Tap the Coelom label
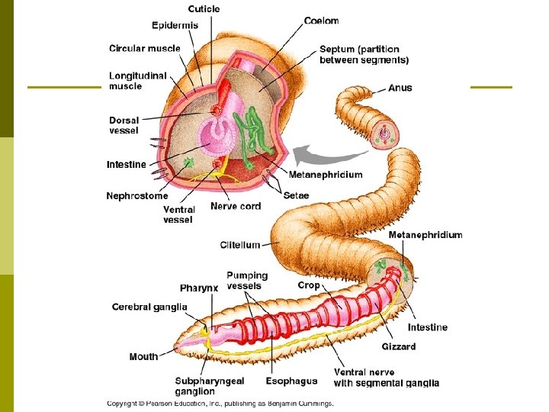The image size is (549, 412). pyautogui.click(x=322, y=21)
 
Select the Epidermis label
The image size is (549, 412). pyautogui.click(x=175, y=25)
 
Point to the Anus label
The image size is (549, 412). pyautogui.click(x=400, y=88)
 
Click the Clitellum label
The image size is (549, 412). pyautogui.click(x=240, y=245)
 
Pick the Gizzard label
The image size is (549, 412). pyautogui.click(x=399, y=346)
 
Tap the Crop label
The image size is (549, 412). pyautogui.click(x=309, y=285)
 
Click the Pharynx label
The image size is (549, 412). pyautogui.click(x=199, y=288)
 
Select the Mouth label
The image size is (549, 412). pyautogui.click(x=144, y=356)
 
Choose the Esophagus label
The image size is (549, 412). pyautogui.click(x=291, y=381)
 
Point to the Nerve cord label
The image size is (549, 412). pyautogui.click(x=236, y=206)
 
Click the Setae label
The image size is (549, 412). pyautogui.click(x=296, y=195)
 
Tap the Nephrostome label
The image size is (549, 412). pyautogui.click(x=137, y=196)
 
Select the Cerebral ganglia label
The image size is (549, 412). pyautogui.click(x=149, y=307)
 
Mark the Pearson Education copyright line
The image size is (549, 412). pyautogui.click(x=220, y=404)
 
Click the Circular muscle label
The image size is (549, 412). pyautogui.click(x=145, y=49)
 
